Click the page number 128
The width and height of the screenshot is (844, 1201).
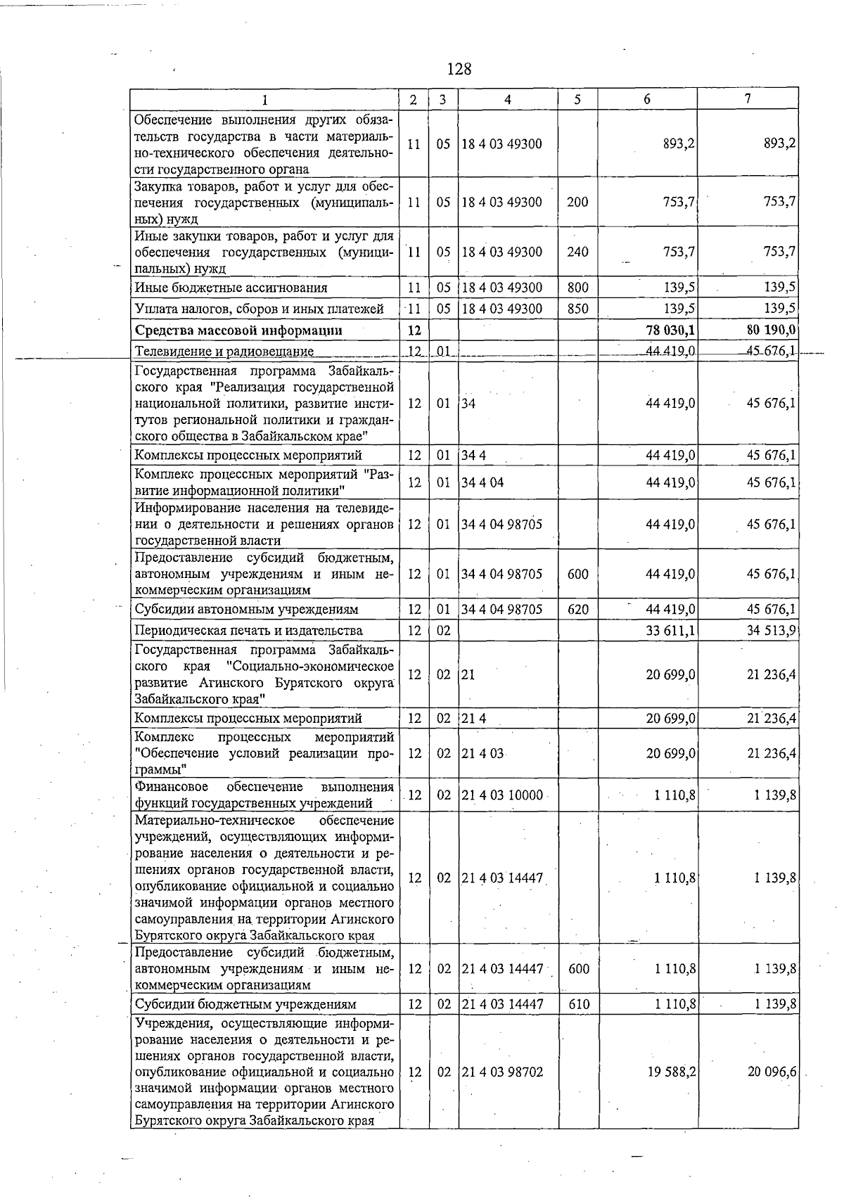coord(459,69)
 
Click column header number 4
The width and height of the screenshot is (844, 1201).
coord(507,99)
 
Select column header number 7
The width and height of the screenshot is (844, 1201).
coord(748,99)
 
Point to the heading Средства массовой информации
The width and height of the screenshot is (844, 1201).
coord(238,330)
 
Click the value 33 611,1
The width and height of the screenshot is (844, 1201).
coord(670,630)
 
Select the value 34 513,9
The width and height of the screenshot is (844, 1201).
coord(771,630)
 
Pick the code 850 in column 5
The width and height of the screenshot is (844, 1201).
coord(577,308)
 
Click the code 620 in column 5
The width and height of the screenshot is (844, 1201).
coord(577,609)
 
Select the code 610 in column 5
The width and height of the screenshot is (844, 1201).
coord(577,1004)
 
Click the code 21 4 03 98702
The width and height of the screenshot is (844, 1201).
coord(502,1072)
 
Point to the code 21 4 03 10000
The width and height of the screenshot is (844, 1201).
coord(502,795)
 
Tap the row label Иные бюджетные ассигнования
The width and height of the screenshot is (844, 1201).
coord(231,288)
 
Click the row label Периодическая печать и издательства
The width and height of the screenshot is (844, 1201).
coord(248,630)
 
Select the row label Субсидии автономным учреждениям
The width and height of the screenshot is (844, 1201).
coord(246,609)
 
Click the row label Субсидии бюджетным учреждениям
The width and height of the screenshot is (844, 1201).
coord(245,1004)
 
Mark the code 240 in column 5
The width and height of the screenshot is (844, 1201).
coord(577,252)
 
